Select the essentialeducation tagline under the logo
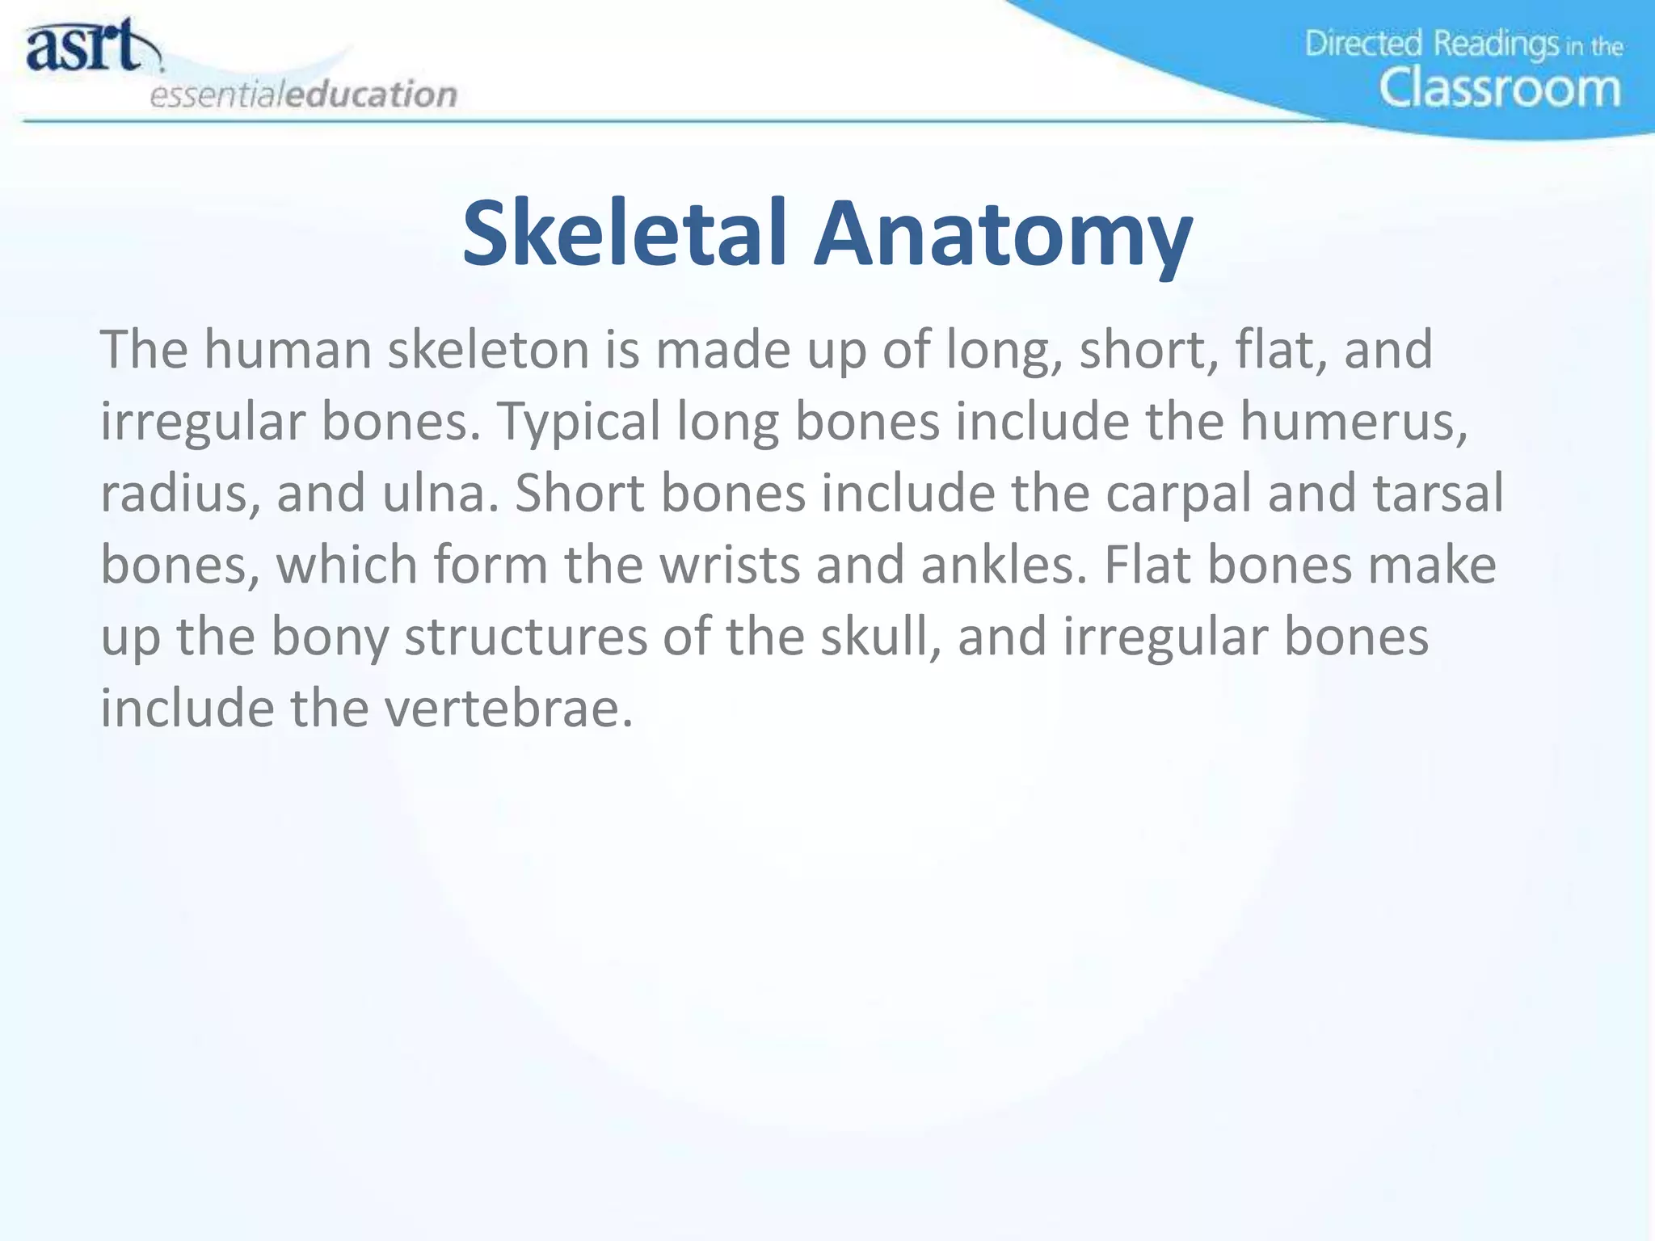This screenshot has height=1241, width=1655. (x=304, y=95)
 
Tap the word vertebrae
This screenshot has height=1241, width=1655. (x=508, y=708)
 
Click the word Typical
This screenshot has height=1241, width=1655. (x=579, y=423)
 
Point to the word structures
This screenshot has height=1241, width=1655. (x=526, y=636)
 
